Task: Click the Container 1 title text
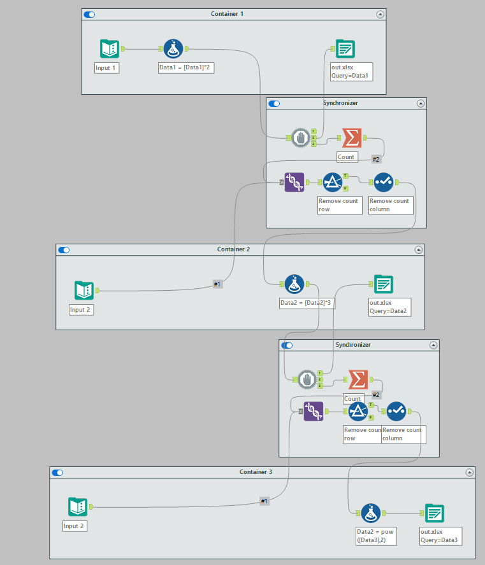pos(227,13)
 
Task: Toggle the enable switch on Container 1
pos(89,14)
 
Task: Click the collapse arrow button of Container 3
pos(470,473)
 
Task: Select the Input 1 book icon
pos(109,48)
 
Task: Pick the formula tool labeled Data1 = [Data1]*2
pos(173,48)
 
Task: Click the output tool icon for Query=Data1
pos(345,48)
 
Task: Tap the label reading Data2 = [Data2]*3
pos(308,303)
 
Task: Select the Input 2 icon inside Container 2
pos(84,291)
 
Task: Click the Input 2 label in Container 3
pos(74,526)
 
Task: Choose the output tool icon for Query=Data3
pos(435,513)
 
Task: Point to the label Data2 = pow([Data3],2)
pos(376,536)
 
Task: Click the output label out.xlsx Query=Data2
pos(389,307)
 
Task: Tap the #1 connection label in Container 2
pos(217,284)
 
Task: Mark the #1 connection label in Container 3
pos(264,501)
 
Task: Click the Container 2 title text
pos(233,249)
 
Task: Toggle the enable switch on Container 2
pos(64,250)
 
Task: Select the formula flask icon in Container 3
pos(370,513)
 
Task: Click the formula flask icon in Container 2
pos(293,284)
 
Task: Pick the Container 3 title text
pos(256,472)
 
